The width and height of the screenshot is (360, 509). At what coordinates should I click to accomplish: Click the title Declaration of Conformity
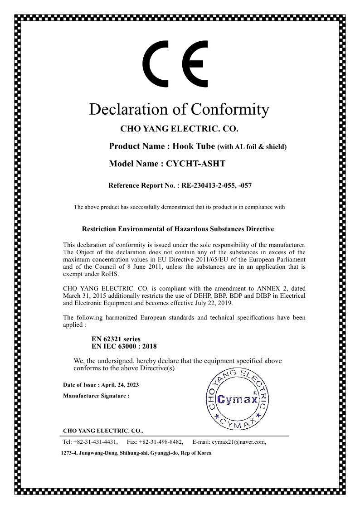point(179,109)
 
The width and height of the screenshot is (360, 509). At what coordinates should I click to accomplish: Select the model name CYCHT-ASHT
point(196,164)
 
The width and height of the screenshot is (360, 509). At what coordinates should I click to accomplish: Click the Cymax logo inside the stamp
point(238,399)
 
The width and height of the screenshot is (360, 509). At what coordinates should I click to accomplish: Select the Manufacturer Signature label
point(96,396)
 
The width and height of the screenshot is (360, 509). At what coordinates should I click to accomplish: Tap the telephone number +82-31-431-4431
point(97,442)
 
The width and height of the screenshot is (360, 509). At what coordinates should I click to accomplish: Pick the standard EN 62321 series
point(116,339)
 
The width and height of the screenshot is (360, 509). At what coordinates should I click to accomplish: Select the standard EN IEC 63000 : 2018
point(124,346)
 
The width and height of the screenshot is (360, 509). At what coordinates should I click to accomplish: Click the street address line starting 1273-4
point(136,453)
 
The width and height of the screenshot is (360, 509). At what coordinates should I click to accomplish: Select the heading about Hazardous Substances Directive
point(177,229)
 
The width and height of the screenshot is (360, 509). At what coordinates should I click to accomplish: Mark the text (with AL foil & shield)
point(253,147)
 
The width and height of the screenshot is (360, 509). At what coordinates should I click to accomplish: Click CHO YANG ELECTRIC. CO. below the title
point(179,129)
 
